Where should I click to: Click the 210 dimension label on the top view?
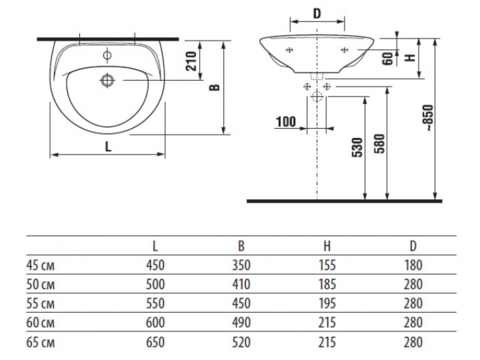coord(191,61)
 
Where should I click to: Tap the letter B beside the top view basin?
coord(215,87)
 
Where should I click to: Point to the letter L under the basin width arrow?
coord(108,147)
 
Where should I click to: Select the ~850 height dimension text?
coord(429,118)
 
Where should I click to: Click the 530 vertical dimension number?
coord(357,147)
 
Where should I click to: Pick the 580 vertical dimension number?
coord(380,144)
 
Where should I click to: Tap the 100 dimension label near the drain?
coord(286,122)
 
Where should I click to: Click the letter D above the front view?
coord(317,14)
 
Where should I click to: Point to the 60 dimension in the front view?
coord(388,59)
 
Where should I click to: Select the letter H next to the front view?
coord(410,58)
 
